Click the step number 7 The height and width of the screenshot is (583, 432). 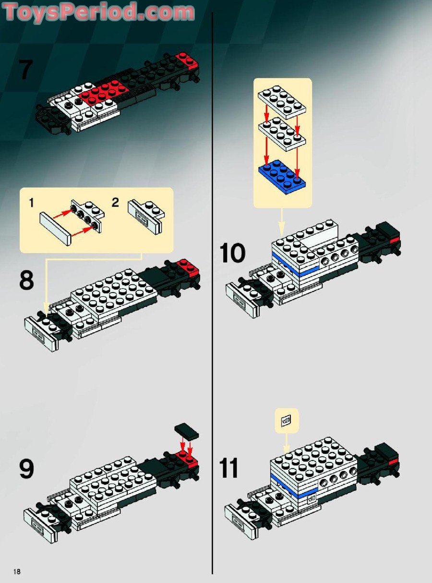(x=26, y=69)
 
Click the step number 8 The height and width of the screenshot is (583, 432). (x=26, y=280)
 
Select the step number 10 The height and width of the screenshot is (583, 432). (x=232, y=253)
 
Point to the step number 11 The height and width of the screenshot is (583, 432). (x=229, y=468)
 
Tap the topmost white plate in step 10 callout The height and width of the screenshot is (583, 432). (x=283, y=99)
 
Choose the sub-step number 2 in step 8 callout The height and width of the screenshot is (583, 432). (x=115, y=203)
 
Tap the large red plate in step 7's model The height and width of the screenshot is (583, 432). (x=103, y=92)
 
